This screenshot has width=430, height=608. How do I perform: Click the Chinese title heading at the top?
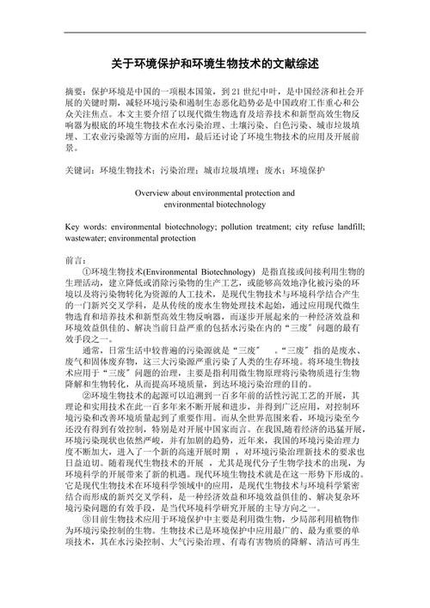coord(216,64)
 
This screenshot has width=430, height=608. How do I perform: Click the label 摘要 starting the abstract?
coord(75,90)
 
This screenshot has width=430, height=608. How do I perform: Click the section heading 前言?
coord(75,259)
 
